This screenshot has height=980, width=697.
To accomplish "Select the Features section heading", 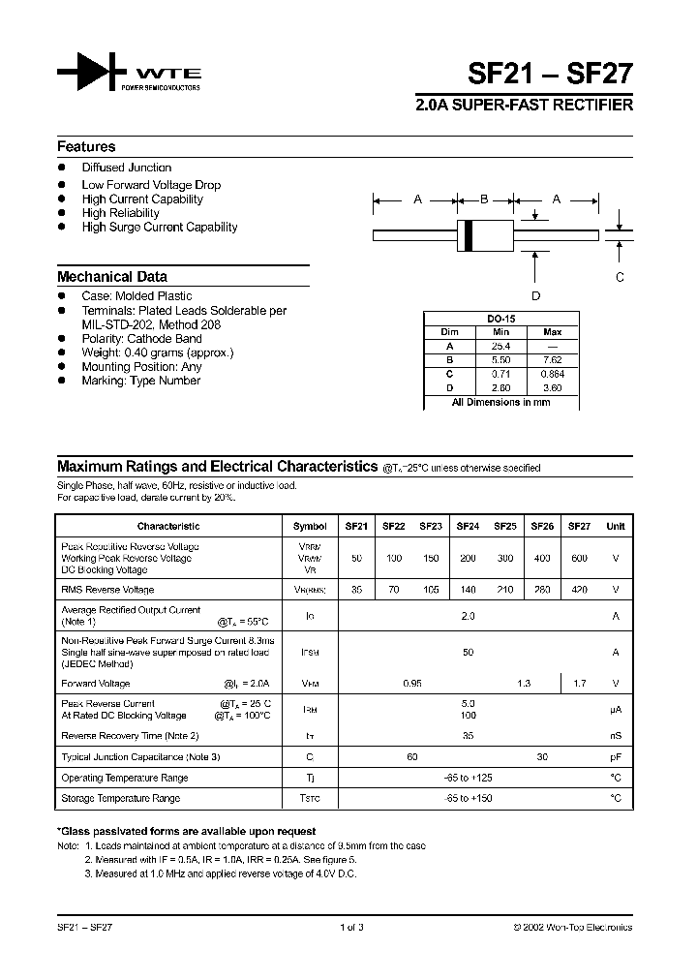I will [x=86, y=147].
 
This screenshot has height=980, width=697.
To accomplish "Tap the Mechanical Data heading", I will [x=111, y=276].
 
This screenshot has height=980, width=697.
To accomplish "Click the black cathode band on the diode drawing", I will [x=470, y=233].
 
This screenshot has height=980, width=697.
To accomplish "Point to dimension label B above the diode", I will [x=484, y=199].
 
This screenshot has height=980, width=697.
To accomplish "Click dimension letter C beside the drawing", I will [x=621, y=277].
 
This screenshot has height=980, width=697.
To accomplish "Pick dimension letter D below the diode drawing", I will [x=535, y=296].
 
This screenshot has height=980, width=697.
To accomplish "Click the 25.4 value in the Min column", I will [x=500, y=346].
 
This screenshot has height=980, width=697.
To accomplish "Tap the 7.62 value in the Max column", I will [x=553, y=359].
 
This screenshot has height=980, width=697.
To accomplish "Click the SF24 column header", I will [x=468, y=527].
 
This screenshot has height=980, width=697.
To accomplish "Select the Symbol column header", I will [x=310, y=527].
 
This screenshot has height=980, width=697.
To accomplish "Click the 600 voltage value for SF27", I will [x=579, y=559].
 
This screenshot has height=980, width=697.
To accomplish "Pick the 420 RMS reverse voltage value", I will [x=579, y=590].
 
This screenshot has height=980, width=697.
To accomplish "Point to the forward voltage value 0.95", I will [x=411, y=684].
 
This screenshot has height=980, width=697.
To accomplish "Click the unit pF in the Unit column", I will [x=615, y=756].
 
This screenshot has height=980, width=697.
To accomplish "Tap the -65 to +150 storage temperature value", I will [x=469, y=798].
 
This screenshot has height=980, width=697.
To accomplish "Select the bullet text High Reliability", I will [x=120, y=213].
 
